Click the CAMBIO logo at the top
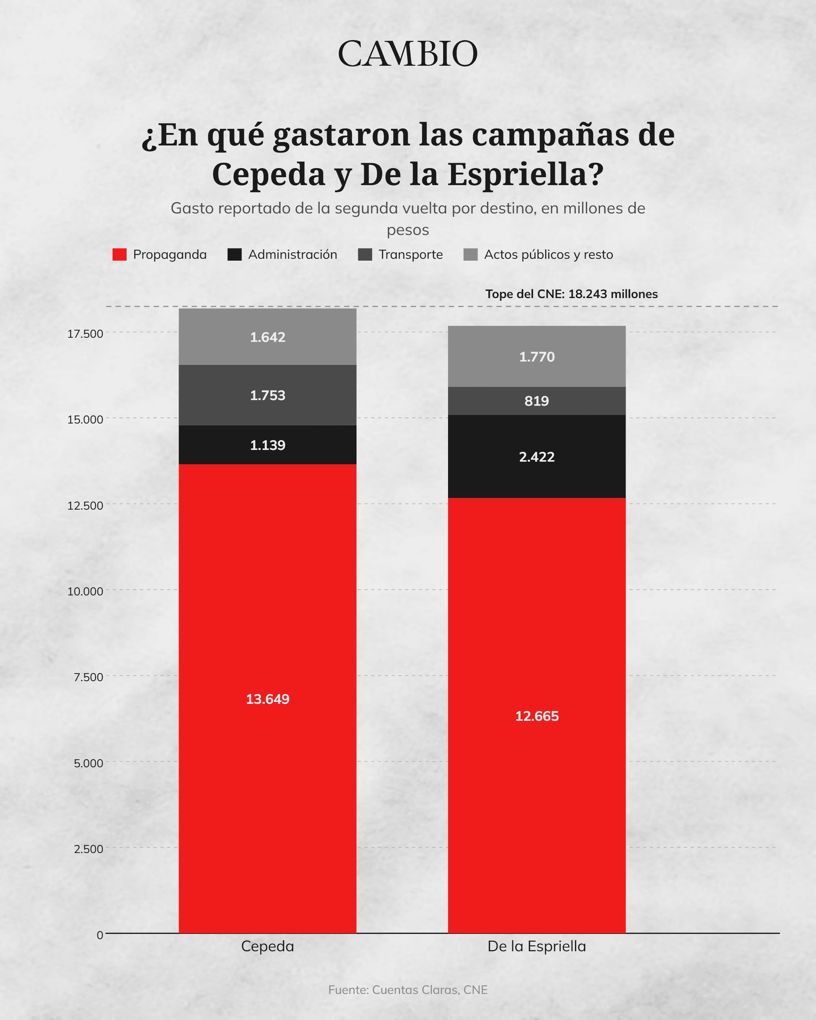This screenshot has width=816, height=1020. point(408,54)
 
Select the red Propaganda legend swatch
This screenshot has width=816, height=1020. point(119,255)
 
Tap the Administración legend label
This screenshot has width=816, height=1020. point(292,255)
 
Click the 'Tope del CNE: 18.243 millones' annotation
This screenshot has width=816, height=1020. point(572,294)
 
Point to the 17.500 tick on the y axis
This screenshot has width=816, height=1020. point(85,334)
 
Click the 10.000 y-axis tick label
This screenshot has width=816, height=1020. point(85,591)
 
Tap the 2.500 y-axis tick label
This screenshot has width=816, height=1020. point(88,849)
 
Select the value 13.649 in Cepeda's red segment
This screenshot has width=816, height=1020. point(268,699)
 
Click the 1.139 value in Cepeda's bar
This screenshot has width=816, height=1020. point(268,445)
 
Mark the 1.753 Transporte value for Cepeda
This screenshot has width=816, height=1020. point(268,395)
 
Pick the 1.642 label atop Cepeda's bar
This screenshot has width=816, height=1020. point(268,337)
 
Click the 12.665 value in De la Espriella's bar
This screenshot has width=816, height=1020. point(537,716)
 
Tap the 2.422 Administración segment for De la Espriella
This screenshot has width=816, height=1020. point(537,456)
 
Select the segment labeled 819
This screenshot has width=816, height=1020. point(537,401)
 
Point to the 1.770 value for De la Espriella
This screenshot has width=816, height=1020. point(537,356)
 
